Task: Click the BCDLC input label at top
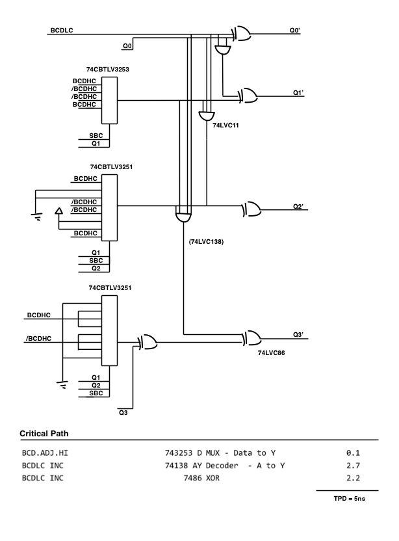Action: point(61,31)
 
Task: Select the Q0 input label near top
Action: point(127,46)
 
